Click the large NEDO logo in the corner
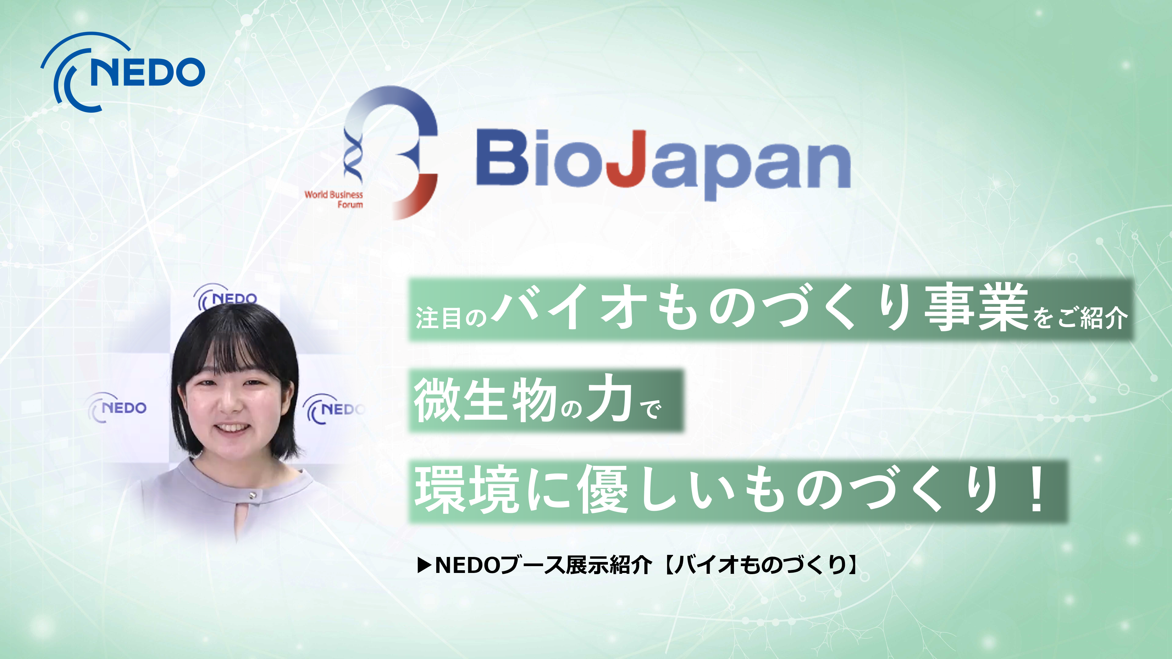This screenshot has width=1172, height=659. (123, 72)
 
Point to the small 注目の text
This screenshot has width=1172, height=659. (451, 317)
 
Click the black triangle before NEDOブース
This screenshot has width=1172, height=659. (424, 565)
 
